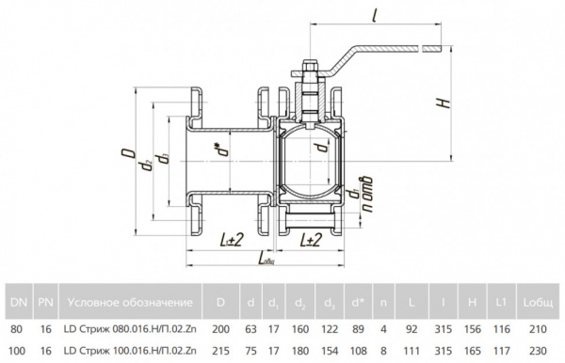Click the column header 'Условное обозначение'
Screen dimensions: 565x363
coord(130,302)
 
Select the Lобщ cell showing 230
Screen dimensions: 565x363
coord(538,351)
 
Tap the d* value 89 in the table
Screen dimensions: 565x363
coord(358,329)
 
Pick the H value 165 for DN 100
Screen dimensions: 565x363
coord(473,351)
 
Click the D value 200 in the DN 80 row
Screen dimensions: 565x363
coord(220,329)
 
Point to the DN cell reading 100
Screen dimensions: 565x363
coord(17,351)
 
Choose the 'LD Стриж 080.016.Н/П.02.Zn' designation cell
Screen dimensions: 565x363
coord(130,329)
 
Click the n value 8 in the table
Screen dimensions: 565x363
coord(383,351)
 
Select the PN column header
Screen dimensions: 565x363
coord(46,302)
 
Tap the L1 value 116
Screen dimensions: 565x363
coord(502,329)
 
